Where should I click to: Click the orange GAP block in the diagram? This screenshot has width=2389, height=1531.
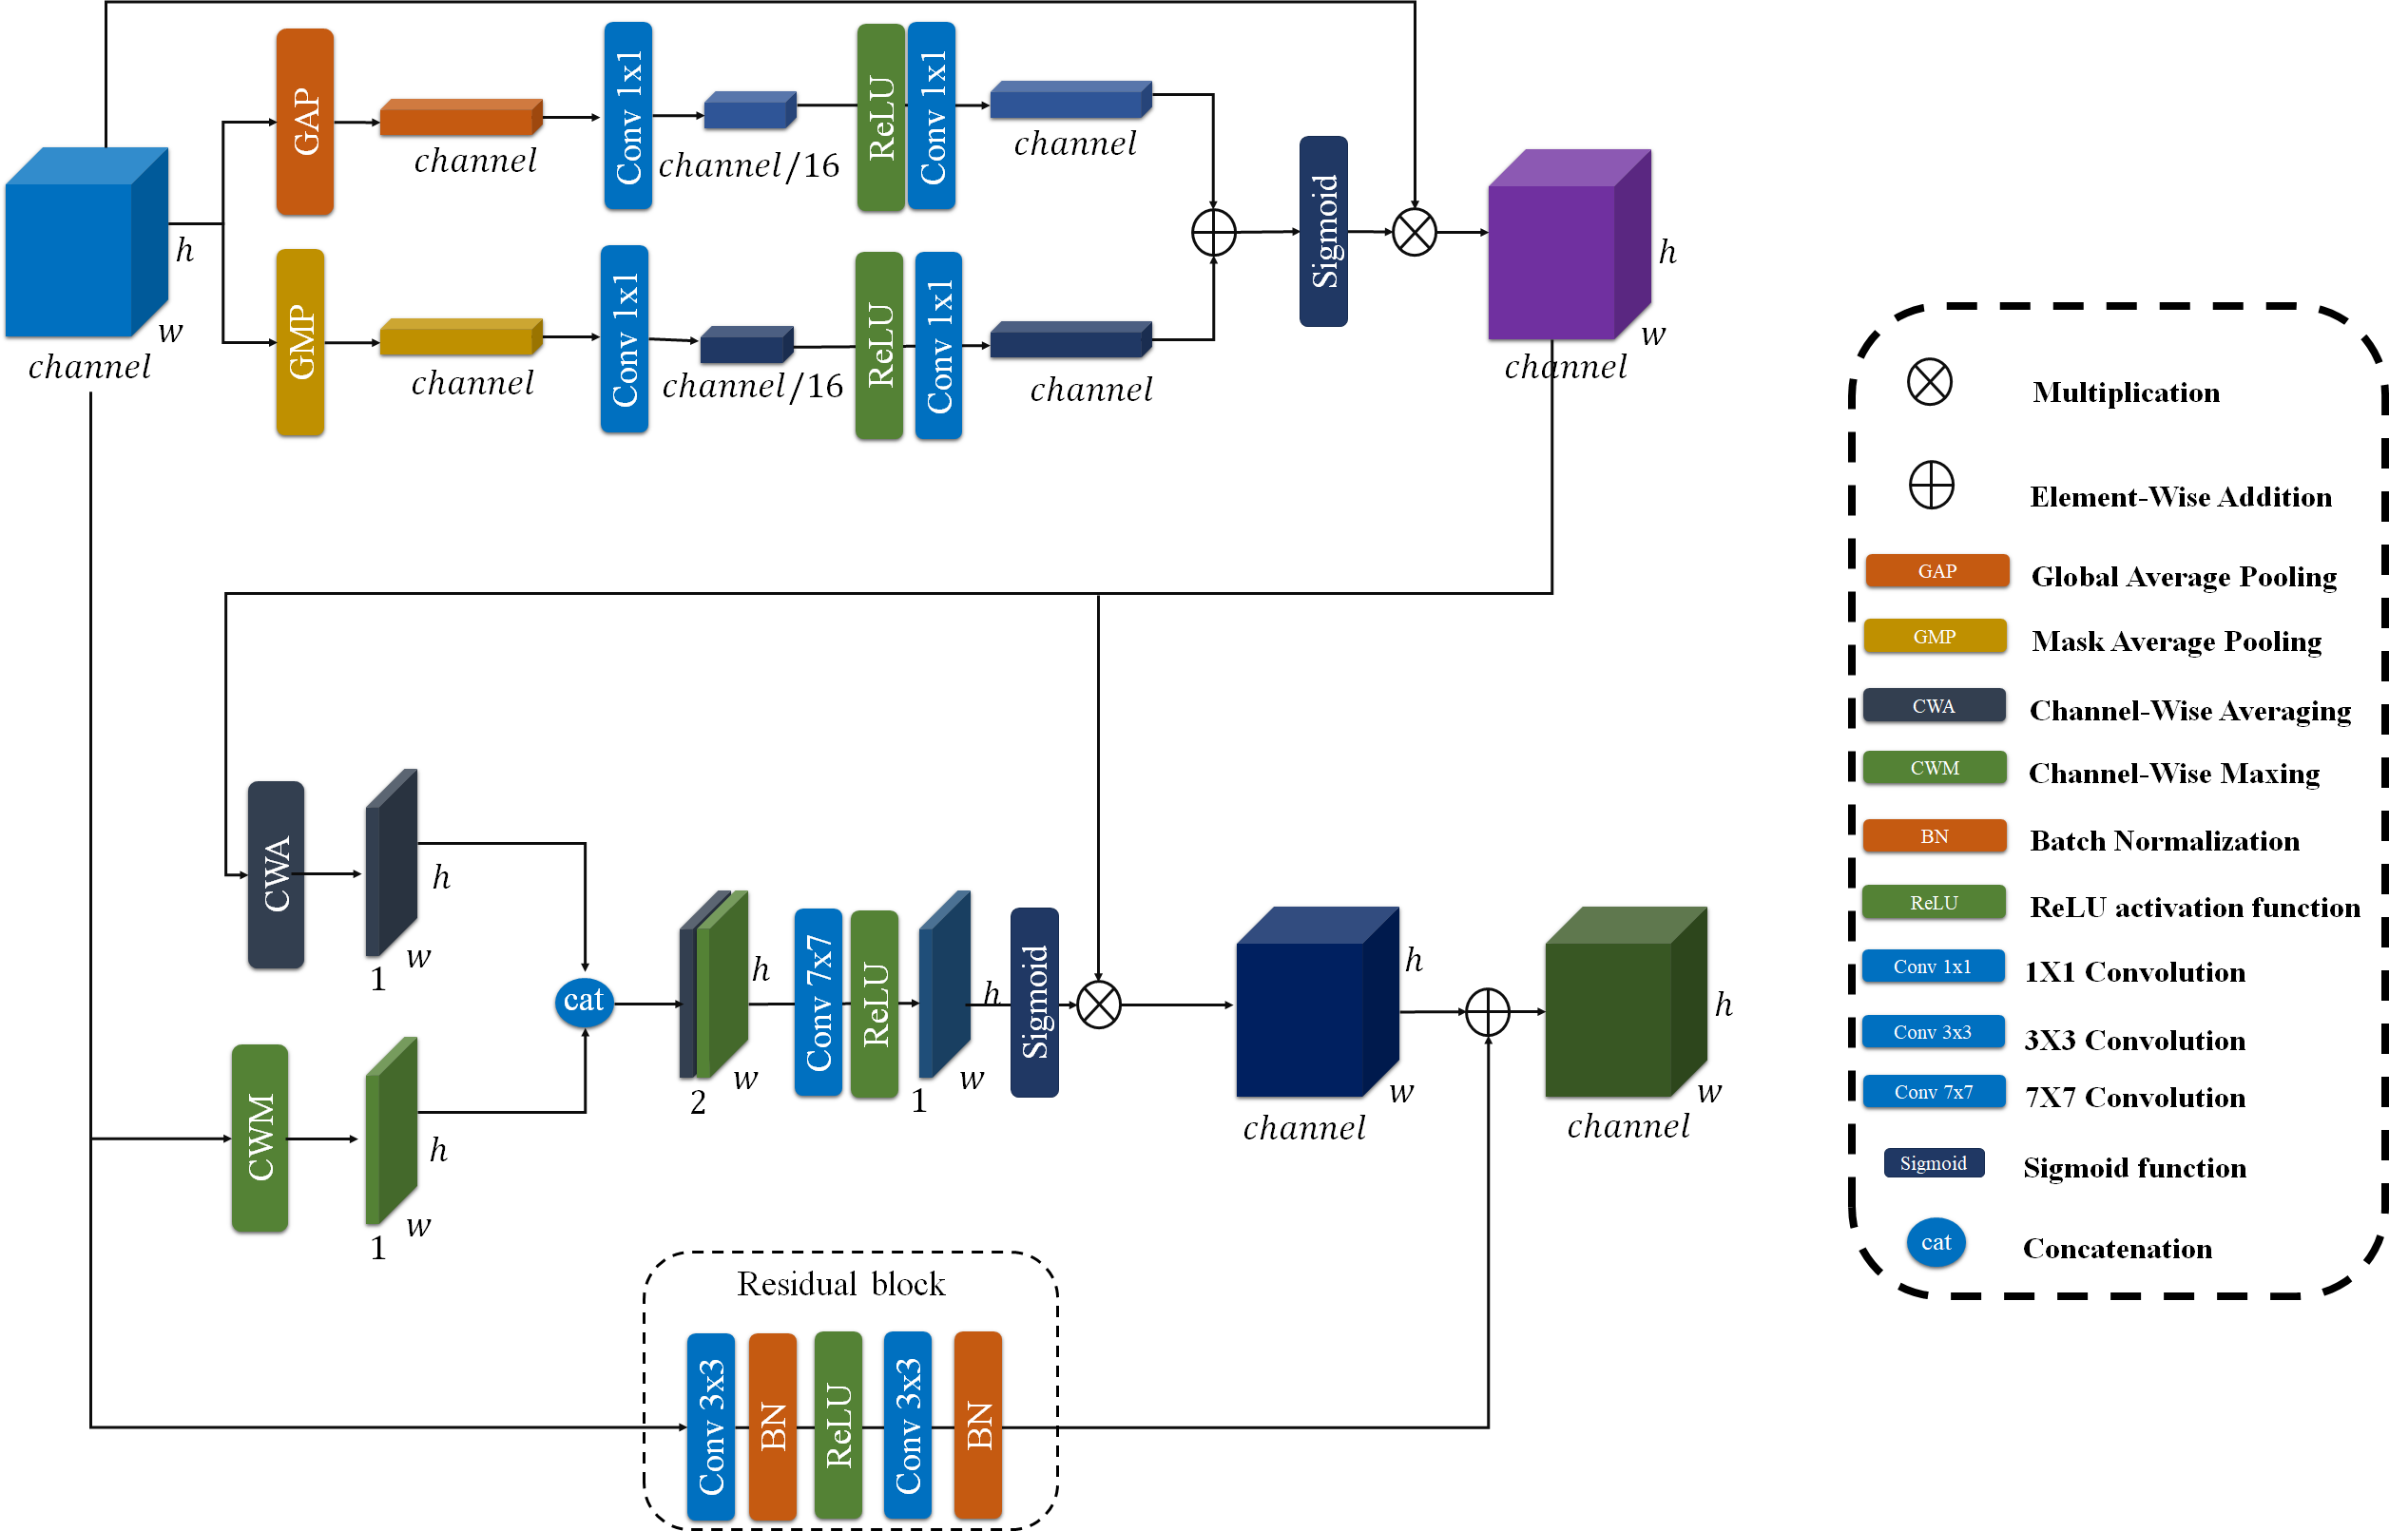pos(304,122)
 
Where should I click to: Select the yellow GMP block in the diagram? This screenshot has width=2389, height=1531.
pos(300,342)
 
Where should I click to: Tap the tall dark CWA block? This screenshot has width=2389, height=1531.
pos(276,874)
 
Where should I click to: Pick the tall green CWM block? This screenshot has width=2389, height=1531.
pos(260,1138)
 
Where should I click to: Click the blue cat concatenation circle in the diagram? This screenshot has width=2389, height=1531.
pos(584,1000)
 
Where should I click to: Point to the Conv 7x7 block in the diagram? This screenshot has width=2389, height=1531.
pos(819,1002)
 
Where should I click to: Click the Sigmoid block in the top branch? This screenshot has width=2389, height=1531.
pos(1323,231)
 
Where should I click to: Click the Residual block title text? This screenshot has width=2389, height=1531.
pos(840,1285)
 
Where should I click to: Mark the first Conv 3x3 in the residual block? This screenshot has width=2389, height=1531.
pos(711,1426)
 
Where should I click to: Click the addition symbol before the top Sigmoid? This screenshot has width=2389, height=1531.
pos(1213,233)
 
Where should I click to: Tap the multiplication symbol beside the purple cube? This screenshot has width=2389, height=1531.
pos(1414,233)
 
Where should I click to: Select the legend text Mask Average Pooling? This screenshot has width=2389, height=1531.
pos(2175,641)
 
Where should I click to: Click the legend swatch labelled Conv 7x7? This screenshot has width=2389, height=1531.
pos(1933,1092)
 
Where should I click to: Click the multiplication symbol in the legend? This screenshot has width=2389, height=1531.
pos(1929,383)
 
